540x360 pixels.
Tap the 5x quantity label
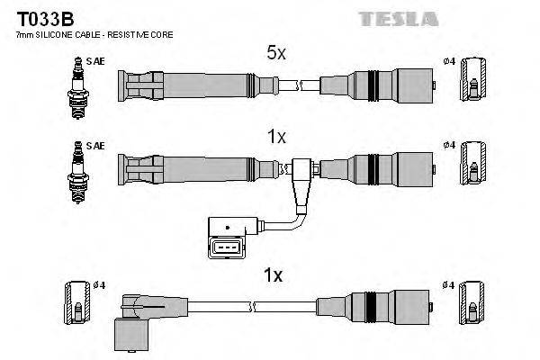click(x=275, y=54)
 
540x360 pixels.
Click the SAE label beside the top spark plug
click(x=94, y=61)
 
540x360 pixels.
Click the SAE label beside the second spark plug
click(x=94, y=144)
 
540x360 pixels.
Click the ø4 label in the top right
click(x=450, y=61)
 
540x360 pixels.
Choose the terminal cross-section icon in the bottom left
click(x=76, y=306)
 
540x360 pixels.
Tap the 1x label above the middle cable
click(x=275, y=137)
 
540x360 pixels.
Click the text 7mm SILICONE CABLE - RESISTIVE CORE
click(x=94, y=33)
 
